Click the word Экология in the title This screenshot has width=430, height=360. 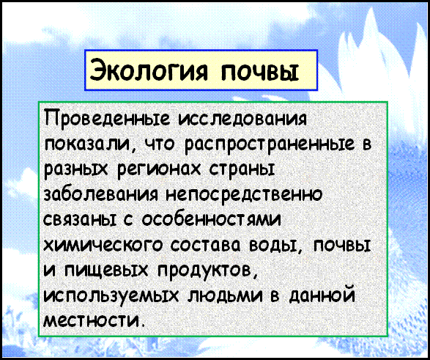[149, 70]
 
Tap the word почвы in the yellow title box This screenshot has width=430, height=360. [260, 72]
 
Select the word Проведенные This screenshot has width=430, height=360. [108, 120]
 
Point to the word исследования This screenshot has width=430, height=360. [242, 119]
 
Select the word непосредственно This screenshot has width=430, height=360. [244, 194]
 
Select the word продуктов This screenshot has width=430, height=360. [207, 270]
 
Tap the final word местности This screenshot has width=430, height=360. [94, 320]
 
